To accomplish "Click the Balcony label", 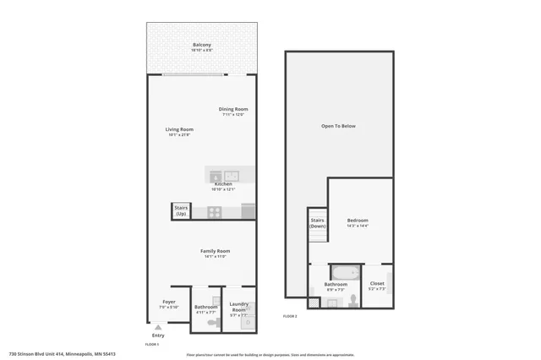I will (x=201, y=45).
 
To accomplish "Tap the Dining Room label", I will (x=233, y=109).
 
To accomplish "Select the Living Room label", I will (x=179, y=129).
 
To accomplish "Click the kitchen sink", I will (x=231, y=176).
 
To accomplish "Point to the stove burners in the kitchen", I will (x=215, y=212).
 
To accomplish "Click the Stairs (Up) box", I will (x=181, y=210).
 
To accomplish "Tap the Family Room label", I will (x=216, y=251).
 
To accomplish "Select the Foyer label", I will (x=169, y=302).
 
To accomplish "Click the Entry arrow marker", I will (x=158, y=327).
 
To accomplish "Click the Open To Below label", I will (x=338, y=126).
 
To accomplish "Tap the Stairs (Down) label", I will (x=318, y=223).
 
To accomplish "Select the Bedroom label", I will (x=358, y=221).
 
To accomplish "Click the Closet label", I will (x=377, y=284).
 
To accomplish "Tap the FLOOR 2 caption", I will (x=290, y=316).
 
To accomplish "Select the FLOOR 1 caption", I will (x=152, y=344).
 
